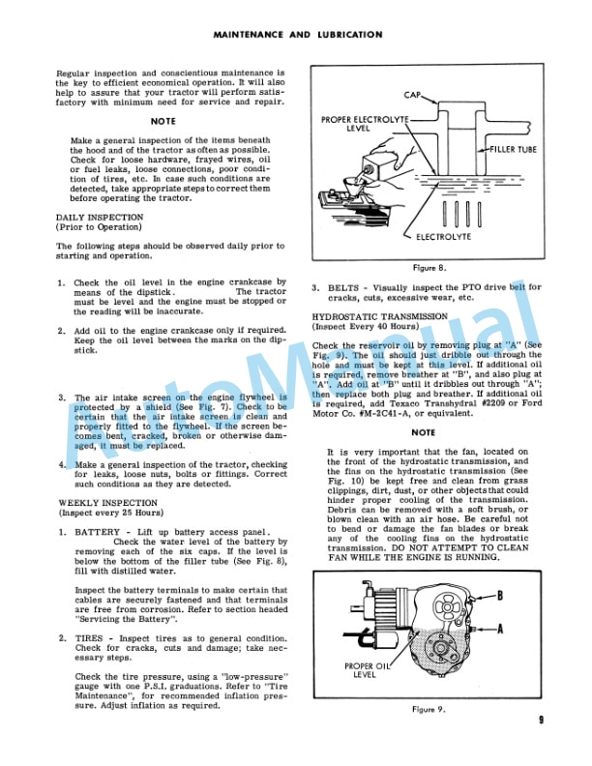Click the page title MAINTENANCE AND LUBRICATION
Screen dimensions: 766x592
point(295,34)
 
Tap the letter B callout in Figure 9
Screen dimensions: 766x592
point(527,597)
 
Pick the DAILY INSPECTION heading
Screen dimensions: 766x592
point(100,218)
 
